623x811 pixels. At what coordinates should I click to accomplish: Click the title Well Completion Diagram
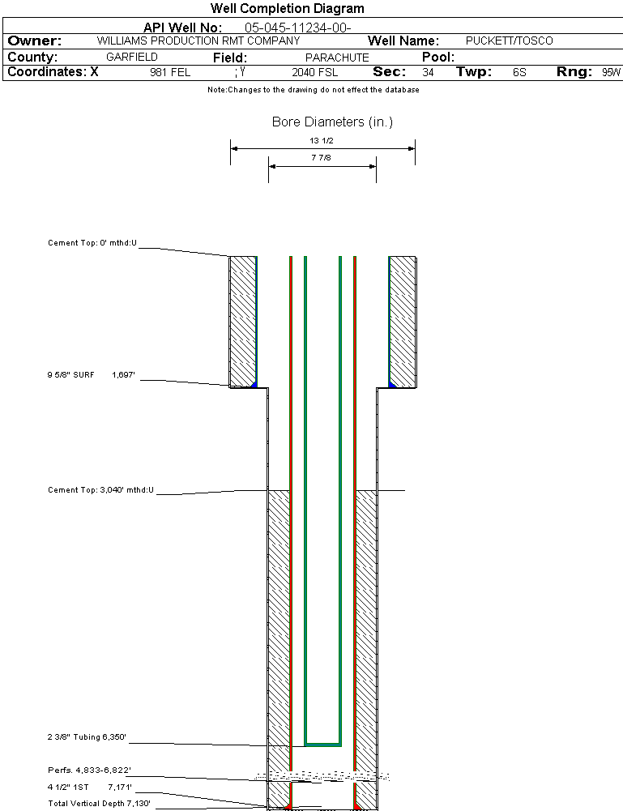click(288, 9)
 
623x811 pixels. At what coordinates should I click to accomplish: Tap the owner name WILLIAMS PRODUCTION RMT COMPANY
click(198, 41)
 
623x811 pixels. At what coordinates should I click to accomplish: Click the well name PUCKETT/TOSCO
click(510, 41)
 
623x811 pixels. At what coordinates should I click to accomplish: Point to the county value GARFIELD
click(132, 58)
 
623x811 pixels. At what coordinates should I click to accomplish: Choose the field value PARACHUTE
click(337, 58)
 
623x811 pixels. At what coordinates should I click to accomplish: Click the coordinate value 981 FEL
click(170, 72)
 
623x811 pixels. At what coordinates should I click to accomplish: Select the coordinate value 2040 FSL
click(315, 72)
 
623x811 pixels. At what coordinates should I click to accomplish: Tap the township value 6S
click(519, 72)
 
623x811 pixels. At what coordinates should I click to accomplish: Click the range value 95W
click(611, 72)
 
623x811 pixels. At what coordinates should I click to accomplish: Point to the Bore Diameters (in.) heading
click(332, 122)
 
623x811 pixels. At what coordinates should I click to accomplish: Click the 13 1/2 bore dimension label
click(322, 140)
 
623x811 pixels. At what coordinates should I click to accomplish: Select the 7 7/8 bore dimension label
click(322, 159)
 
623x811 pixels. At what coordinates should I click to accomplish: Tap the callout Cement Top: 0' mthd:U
click(92, 242)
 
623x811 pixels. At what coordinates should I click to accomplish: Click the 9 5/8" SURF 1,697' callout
click(91, 375)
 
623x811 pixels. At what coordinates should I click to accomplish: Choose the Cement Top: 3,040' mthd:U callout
click(100, 490)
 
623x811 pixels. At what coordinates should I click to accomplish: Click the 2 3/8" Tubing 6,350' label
click(87, 737)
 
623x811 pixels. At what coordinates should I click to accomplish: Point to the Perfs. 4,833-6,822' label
click(89, 770)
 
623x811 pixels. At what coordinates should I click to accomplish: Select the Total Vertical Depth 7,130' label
click(99, 803)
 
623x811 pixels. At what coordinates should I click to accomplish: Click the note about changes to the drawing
click(313, 90)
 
